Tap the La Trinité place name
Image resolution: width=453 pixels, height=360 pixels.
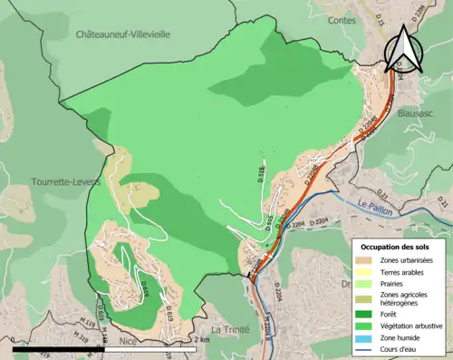pyautogui.click(x=228, y=328)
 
